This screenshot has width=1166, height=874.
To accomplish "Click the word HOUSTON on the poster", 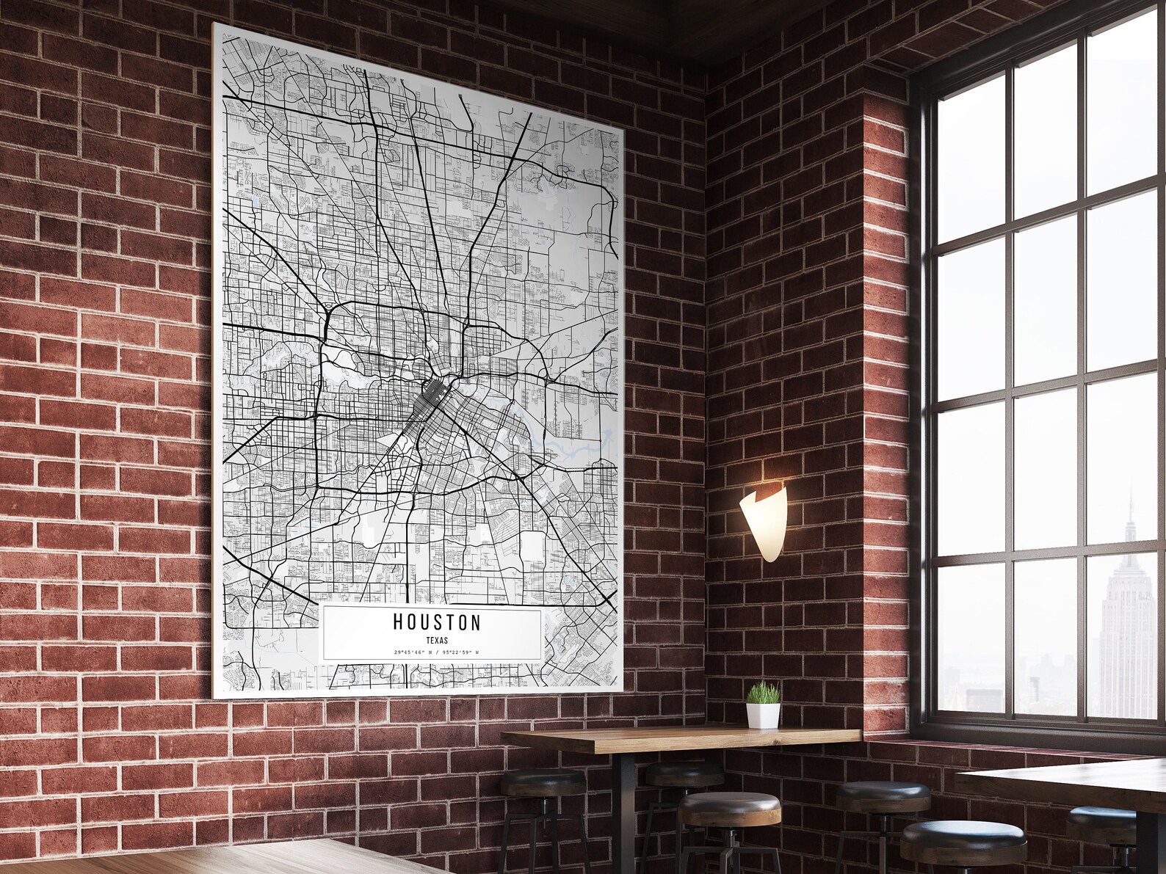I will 437,623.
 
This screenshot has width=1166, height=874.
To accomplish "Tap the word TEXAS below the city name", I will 437,641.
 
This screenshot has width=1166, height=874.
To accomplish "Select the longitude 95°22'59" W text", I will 457,652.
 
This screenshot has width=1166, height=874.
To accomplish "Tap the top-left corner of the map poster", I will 215,26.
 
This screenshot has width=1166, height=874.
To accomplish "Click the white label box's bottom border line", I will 432,658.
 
